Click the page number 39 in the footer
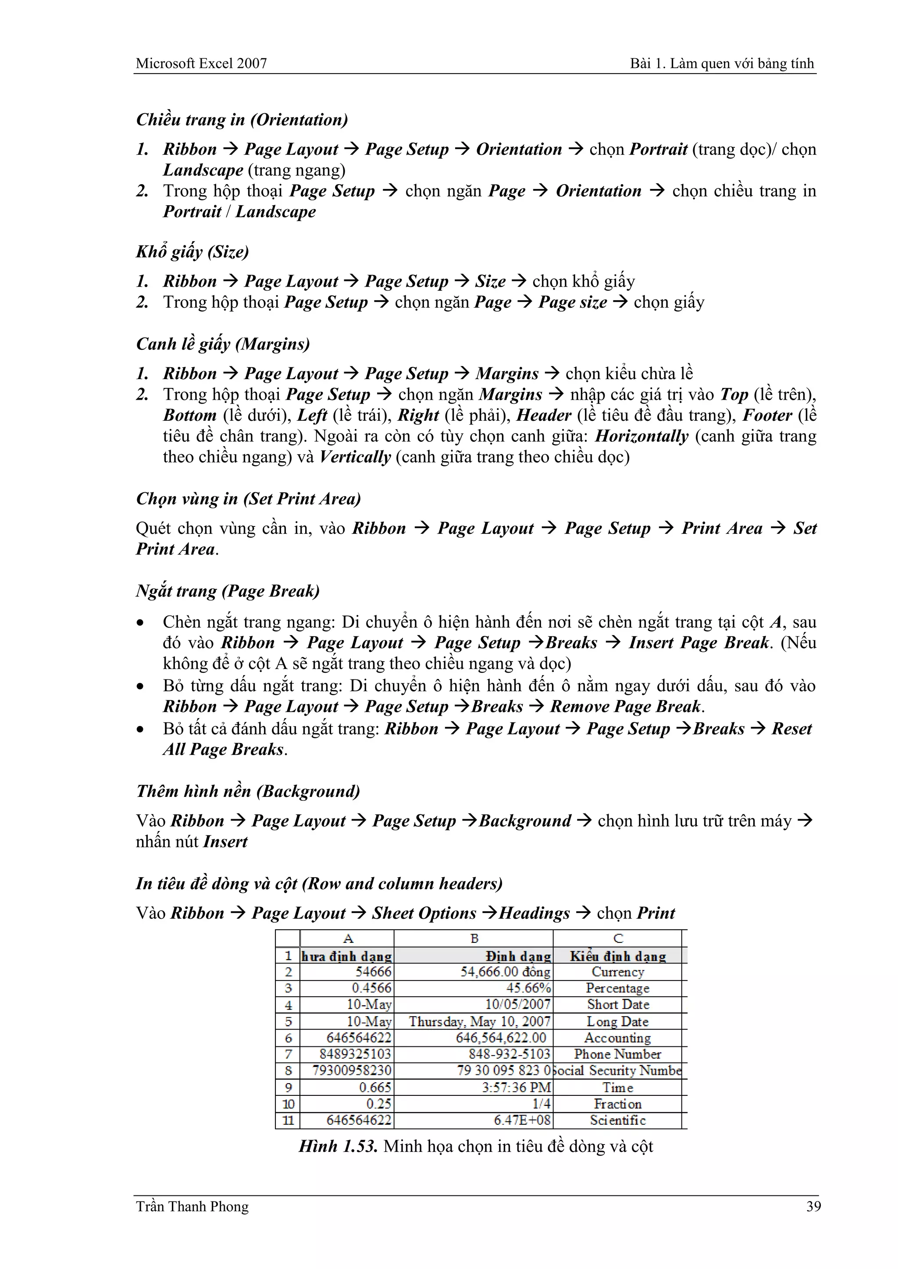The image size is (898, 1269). coord(813,1206)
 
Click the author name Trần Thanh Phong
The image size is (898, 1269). coord(192,1206)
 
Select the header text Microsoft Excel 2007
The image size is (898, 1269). coord(201,64)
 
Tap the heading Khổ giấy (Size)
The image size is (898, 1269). coord(192,252)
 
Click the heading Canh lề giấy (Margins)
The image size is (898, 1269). coord(223,345)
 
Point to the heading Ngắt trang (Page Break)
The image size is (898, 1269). coord(228,591)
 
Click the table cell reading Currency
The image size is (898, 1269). coord(618,972)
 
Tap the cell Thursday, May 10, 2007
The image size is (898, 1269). coord(479,1021)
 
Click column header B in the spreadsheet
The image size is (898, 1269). coord(474,938)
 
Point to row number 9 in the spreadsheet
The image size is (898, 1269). coord(288,1087)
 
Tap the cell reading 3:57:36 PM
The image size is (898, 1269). coord(517,1087)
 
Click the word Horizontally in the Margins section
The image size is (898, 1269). coord(641,436)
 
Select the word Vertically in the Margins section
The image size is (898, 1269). coord(355,457)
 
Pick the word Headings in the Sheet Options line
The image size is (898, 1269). coord(534,913)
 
